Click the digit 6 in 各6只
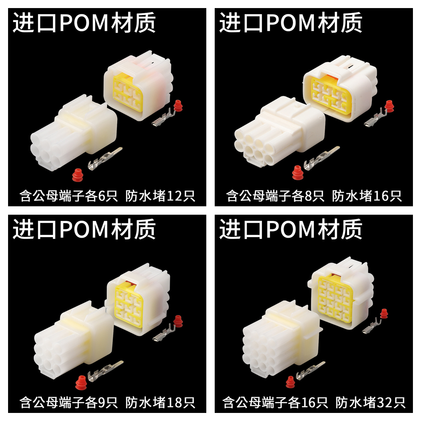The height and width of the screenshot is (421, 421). click(102, 196)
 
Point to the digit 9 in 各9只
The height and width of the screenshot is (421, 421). click(102, 402)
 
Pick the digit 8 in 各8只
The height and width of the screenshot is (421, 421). click(308, 196)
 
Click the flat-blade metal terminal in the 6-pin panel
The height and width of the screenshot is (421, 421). click(105, 158)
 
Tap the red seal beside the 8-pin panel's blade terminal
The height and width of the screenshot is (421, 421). click(298, 173)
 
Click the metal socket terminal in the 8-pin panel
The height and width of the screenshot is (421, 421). click(375, 117)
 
